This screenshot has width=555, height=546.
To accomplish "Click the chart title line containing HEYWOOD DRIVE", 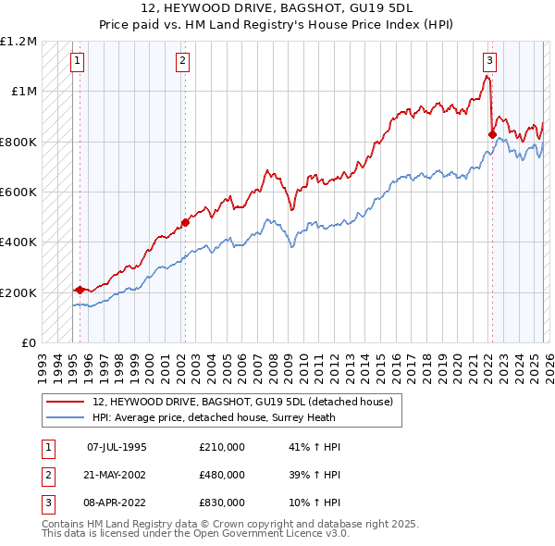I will coord(277,8).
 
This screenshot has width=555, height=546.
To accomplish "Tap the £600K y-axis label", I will coord(18,192).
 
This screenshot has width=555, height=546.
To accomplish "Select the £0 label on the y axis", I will coord(29,342).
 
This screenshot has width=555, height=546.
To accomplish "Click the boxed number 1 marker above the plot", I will coord(77,62).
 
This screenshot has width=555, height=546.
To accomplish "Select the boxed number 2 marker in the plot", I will coord(183,62).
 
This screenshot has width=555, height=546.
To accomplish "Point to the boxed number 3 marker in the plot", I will coord(488,62).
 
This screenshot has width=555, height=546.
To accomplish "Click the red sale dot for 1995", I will coord(80,290).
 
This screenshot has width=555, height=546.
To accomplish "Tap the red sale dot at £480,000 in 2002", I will coord(185,222).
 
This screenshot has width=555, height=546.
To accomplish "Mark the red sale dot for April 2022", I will coord(492,134).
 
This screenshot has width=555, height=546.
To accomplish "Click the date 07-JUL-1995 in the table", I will coord(117,447).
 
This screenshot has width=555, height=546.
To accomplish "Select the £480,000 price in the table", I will coord(222,475).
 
